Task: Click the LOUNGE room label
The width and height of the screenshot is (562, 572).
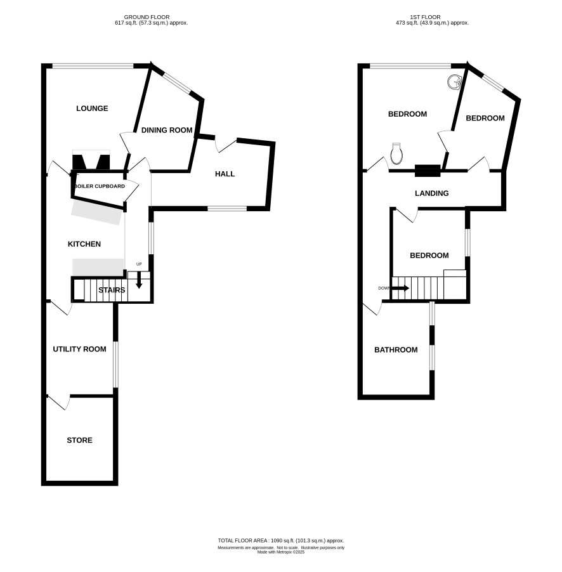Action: [x=92, y=108]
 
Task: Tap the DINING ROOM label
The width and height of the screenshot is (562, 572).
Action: [x=167, y=130]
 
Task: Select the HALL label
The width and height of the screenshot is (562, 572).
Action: [x=225, y=174]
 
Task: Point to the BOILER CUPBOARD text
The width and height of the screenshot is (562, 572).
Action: [x=100, y=186]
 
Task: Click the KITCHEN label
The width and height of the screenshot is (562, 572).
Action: [x=84, y=244]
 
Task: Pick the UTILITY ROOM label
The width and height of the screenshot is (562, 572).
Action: [x=79, y=349]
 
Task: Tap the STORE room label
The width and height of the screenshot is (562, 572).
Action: [x=79, y=440]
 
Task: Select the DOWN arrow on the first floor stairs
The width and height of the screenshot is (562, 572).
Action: [x=400, y=288]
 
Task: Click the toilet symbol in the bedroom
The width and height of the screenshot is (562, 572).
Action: [x=396, y=153]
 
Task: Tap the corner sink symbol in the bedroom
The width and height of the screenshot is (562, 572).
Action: [x=454, y=82]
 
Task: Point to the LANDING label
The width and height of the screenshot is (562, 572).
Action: [x=432, y=193]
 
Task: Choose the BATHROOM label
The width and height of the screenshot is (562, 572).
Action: [x=396, y=350]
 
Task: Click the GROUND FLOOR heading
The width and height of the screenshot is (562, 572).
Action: [x=147, y=17]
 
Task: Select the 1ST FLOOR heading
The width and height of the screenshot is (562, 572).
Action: [x=425, y=17]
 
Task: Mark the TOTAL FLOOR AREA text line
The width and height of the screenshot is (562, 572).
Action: [x=281, y=541]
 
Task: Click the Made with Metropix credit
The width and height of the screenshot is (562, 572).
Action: [x=281, y=552]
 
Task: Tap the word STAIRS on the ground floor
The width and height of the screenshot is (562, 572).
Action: [x=112, y=290]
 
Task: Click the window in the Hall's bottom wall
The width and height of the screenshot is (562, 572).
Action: [x=227, y=209]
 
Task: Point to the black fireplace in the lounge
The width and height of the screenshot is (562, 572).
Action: [x=91, y=162]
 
